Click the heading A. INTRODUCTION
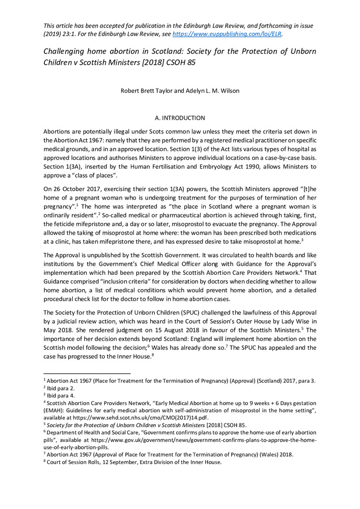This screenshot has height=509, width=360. click(180, 118)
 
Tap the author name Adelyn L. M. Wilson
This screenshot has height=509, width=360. click(212, 92)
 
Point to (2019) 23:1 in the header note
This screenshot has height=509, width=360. click(61, 35)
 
